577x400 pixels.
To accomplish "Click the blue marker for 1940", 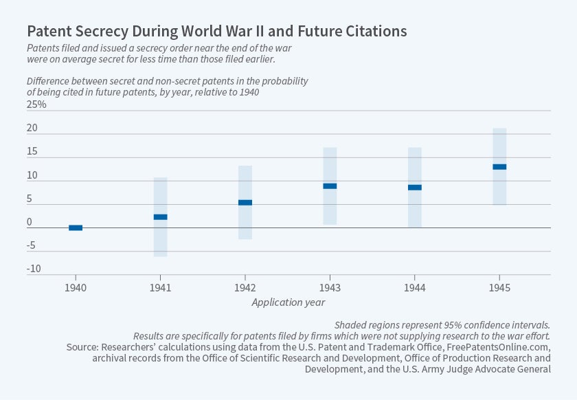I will (76, 227).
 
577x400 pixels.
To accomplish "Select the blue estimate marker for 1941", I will (160, 216).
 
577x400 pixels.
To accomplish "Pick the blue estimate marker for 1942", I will (245, 202).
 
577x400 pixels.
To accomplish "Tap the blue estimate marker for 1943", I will (330, 186).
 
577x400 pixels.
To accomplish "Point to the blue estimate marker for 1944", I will (415, 187).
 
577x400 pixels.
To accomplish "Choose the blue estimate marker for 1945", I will (499, 166).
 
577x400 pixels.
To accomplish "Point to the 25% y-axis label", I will (36, 105).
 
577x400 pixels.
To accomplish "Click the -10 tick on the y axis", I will (34, 269).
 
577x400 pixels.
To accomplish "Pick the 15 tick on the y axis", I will (32, 152).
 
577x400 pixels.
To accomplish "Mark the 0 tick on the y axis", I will (30, 222).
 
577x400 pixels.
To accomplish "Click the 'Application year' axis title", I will (288, 302).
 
